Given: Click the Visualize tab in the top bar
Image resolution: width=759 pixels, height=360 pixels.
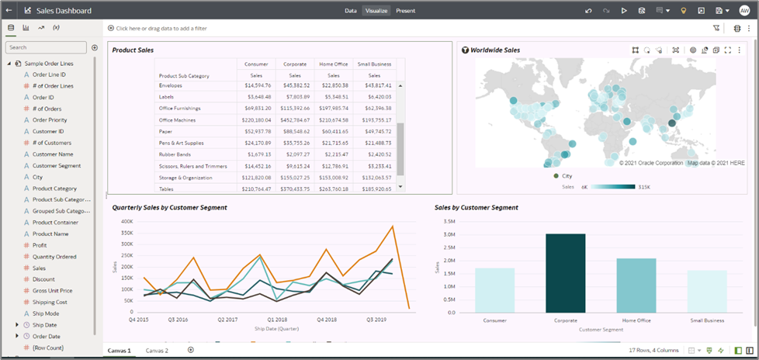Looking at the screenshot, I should click(376, 11).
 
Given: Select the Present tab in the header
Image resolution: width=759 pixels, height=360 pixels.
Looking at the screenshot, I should click(405, 11).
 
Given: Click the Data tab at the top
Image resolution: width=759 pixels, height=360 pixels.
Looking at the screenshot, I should click(351, 11).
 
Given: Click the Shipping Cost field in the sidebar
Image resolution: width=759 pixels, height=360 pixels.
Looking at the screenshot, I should click(50, 302).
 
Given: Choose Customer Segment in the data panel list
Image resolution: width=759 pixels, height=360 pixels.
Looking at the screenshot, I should click(57, 165).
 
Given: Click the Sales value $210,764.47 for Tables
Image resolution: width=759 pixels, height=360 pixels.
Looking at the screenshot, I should click(257, 189).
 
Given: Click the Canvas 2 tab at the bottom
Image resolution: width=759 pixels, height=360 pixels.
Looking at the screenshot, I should click(157, 351).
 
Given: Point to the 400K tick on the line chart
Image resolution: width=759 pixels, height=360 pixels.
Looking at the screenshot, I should click(126, 221).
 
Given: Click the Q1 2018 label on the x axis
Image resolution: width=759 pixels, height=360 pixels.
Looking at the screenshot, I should click(276, 319).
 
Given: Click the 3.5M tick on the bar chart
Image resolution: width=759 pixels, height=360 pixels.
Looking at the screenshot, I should click(449, 221).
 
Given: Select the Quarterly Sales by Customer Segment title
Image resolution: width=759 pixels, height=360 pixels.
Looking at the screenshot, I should click(169, 207).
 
